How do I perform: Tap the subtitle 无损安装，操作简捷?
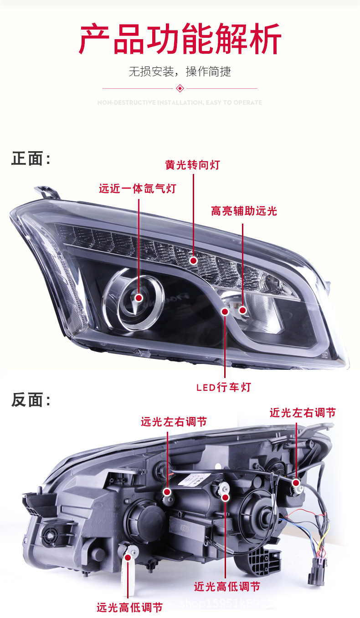(180, 72)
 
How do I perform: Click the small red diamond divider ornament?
(180, 88)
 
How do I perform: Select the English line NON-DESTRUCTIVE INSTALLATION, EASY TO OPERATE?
(180, 102)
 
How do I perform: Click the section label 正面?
(31, 159)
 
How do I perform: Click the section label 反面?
(31, 400)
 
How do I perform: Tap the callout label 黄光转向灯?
(193, 165)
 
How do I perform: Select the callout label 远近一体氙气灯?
(138, 189)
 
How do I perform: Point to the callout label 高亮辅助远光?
(244, 211)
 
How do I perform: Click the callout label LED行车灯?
(224, 388)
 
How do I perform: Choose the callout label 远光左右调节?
(174, 422)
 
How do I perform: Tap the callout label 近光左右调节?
(303, 413)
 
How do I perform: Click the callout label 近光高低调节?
(227, 587)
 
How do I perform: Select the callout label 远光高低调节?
(129, 608)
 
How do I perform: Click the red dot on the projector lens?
(139, 298)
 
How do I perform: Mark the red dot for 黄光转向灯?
(193, 260)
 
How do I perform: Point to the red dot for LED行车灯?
(225, 312)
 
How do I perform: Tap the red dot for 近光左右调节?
(296, 483)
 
